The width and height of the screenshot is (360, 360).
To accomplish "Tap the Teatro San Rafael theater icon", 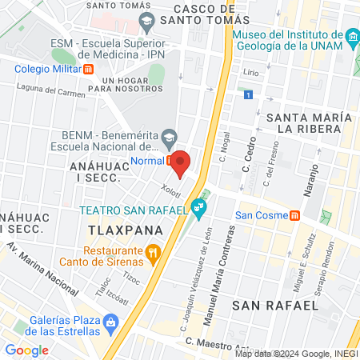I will click(199, 211).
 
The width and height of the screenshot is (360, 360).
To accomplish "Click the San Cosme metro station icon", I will click(295, 216).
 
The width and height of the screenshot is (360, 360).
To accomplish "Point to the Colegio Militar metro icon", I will click(89, 68).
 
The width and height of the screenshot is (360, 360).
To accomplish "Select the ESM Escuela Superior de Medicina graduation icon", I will click(146, 20).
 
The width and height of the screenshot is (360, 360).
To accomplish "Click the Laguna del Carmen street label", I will click(54, 91).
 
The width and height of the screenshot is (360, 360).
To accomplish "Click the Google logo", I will click(26, 350).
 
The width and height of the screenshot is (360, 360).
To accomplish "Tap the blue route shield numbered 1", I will click(249, 95).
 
